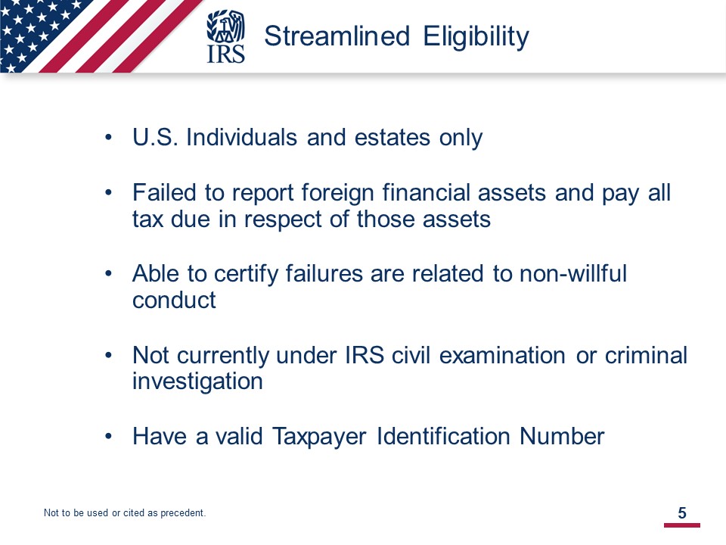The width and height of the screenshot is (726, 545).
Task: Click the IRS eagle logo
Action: click(225, 36)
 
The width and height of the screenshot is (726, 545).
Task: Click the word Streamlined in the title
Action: click(337, 36)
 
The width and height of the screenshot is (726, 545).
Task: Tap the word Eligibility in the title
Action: click(476, 37)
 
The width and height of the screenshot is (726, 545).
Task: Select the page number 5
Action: click(682, 512)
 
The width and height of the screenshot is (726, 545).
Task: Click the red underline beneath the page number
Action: click(682, 525)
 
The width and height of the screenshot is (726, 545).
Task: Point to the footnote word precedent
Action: click(183, 513)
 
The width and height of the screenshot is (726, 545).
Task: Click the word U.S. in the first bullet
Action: click(155, 137)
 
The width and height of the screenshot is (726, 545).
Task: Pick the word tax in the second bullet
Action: click(147, 220)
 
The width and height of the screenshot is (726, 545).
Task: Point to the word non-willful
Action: click(573, 273)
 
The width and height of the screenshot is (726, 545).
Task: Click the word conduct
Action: click(174, 301)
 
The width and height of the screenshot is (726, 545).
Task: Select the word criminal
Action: click(646, 356)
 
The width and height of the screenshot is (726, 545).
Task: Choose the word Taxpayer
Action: click(319, 437)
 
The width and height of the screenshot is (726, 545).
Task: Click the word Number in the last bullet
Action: click(562, 436)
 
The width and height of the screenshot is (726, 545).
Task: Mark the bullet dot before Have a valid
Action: click(108, 437)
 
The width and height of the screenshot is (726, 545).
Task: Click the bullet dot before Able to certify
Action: click(108, 273)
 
